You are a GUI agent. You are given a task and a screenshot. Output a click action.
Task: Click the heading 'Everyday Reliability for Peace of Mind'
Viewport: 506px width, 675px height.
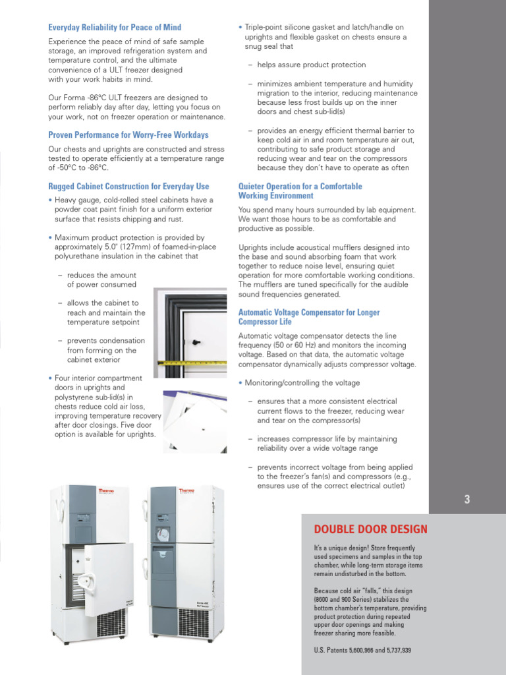(x=115, y=27)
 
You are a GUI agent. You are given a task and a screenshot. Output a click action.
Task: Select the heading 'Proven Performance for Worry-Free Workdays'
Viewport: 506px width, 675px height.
(x=128, y=134)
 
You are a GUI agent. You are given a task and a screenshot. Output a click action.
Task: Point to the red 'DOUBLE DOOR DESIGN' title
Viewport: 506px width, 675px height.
(x=370, y=529)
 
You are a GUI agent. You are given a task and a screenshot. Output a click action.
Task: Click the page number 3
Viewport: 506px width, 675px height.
(x=467, y=500)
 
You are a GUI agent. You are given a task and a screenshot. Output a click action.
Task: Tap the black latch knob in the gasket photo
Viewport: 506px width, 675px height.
(x=196, y=341)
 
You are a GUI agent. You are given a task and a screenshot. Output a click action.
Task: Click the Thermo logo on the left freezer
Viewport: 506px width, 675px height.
(x=87, y=492)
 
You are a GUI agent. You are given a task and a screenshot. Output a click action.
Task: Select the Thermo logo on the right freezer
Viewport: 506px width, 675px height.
(x=186, y=492)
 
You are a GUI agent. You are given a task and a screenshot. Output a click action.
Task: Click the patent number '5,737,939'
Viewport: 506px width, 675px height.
(x=393, y=651)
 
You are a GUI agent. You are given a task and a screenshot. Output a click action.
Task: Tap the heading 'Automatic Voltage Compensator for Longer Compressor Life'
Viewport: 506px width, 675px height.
(x=308, y=317)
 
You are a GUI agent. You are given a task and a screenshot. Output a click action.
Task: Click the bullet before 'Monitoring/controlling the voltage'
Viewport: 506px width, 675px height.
(x=240, y=383)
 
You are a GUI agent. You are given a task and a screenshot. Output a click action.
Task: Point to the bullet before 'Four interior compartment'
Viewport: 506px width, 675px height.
(x=51, y=378)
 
